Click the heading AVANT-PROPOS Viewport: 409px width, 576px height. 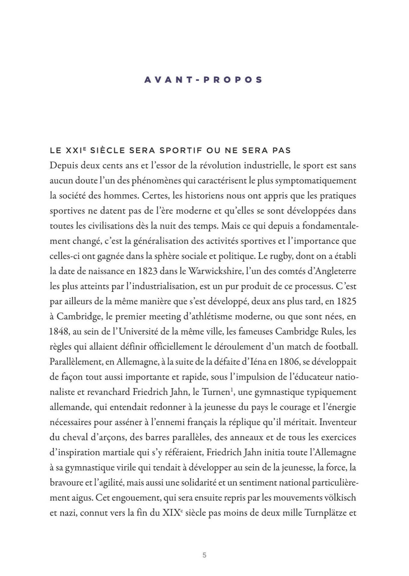coord(203,80)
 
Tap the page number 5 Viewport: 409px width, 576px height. coord(205,555)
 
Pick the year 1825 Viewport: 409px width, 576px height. coord(346,301)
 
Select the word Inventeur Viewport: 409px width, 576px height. coord(338,422)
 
